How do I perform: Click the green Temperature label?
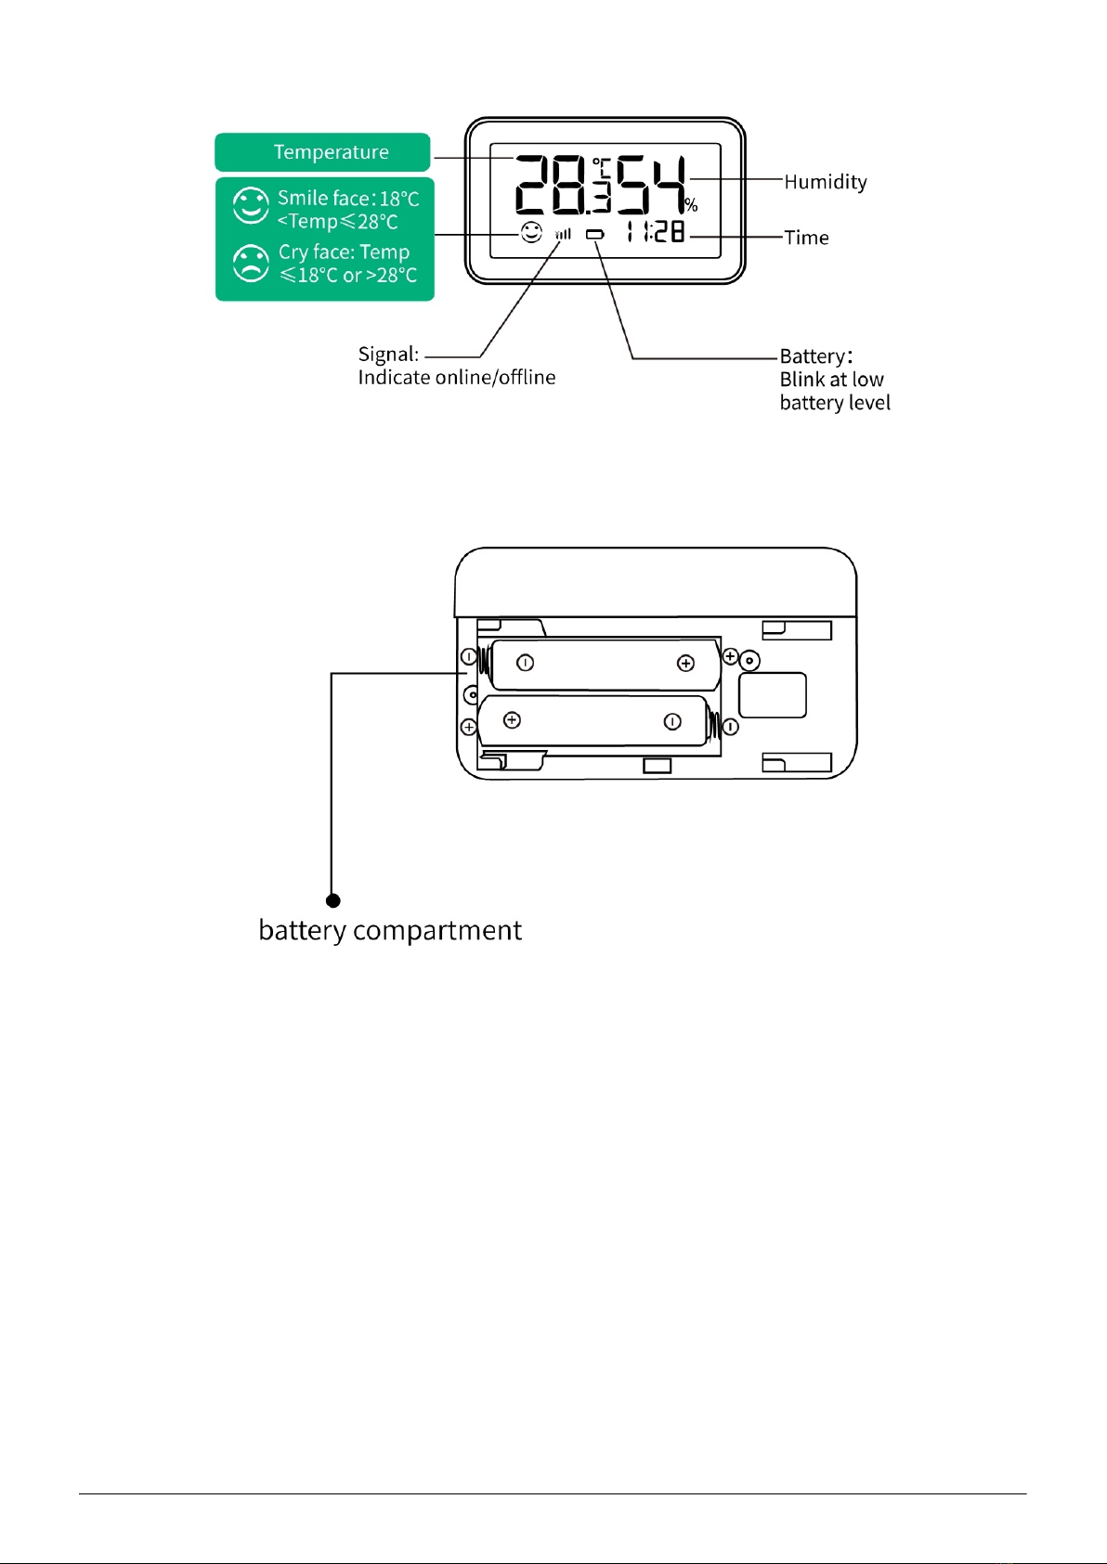(322, 152)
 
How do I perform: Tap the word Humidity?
(826, 182)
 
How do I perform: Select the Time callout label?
(807, 238)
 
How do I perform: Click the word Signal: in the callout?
(388, 355)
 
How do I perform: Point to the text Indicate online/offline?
(457, 378)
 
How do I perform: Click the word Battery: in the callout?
(815, 356)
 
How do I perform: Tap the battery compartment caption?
(390, 931)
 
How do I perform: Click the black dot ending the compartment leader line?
(333, 900)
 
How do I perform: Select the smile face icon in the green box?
(251, 205)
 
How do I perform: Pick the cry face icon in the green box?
(251, 264)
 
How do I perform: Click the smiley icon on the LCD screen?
(531, 232)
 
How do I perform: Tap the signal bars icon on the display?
(563, 235)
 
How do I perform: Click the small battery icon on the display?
(595, 235)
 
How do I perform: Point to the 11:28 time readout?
(655, 232)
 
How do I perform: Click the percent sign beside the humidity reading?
(691, 204)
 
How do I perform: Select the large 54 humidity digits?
(650, 185)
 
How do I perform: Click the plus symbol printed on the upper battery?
(686, 664)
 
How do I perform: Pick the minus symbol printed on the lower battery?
(672, 721)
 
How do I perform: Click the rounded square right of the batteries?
(773, 694)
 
